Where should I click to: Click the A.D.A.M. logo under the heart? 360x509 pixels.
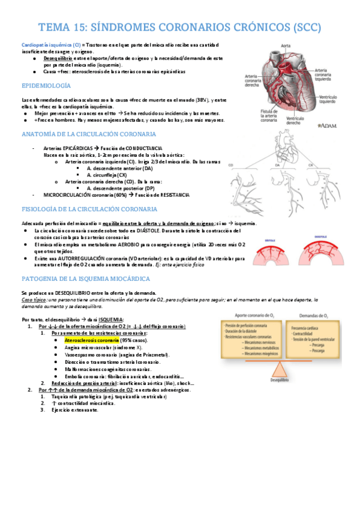click(325, 143)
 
